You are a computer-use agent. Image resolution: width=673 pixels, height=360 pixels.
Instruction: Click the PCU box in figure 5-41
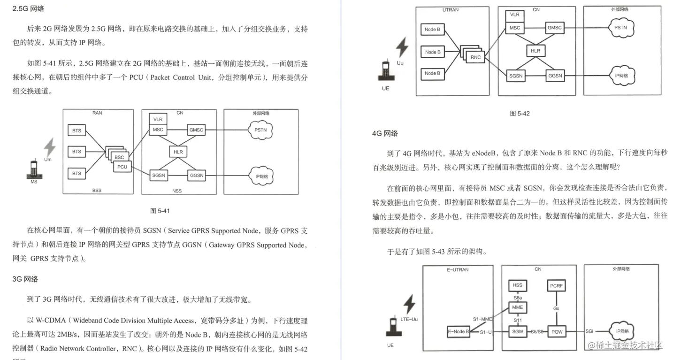(122, 167)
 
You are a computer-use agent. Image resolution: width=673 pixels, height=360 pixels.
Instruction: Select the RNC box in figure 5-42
(476, 57)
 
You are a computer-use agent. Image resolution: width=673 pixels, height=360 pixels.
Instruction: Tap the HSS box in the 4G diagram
(517, 285)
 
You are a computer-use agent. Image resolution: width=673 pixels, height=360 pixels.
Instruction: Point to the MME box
(517, 308)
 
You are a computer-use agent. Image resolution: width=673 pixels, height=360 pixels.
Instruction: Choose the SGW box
(517, 332)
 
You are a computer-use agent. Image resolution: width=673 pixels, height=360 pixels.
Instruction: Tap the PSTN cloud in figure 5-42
(620, 28)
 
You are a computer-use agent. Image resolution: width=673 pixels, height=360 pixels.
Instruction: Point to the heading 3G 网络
(25, 279)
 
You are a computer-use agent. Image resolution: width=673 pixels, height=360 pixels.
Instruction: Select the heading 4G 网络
(385, 133)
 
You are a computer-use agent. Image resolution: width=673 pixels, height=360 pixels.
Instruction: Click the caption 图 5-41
(160, 211)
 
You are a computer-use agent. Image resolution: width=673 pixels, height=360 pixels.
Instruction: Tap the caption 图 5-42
(520, 114)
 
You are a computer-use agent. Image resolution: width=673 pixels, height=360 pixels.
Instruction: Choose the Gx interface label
(556, 308)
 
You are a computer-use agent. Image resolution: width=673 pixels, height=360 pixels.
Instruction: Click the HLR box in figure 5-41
(178, 152)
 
